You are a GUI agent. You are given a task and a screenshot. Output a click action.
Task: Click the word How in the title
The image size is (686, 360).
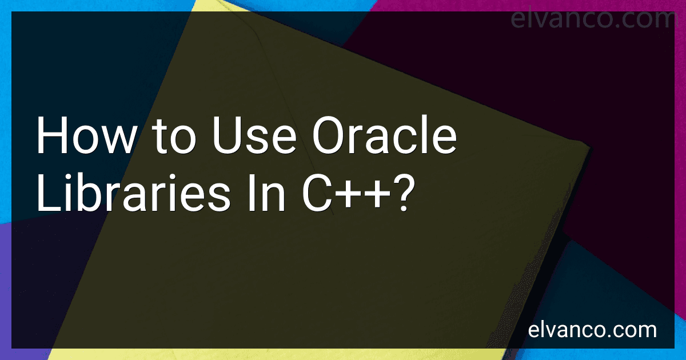pos(86,135)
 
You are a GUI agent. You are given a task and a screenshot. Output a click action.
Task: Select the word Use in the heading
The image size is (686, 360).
pos(254,135)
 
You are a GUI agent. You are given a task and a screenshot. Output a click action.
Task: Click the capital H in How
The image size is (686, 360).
pos(52,135)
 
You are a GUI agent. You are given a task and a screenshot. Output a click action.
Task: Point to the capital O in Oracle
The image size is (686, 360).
pos(329,135)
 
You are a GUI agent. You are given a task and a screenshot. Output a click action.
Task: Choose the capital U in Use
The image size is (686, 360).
pos(228,135)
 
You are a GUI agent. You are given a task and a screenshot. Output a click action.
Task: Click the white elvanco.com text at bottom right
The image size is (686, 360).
pos(592,330)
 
